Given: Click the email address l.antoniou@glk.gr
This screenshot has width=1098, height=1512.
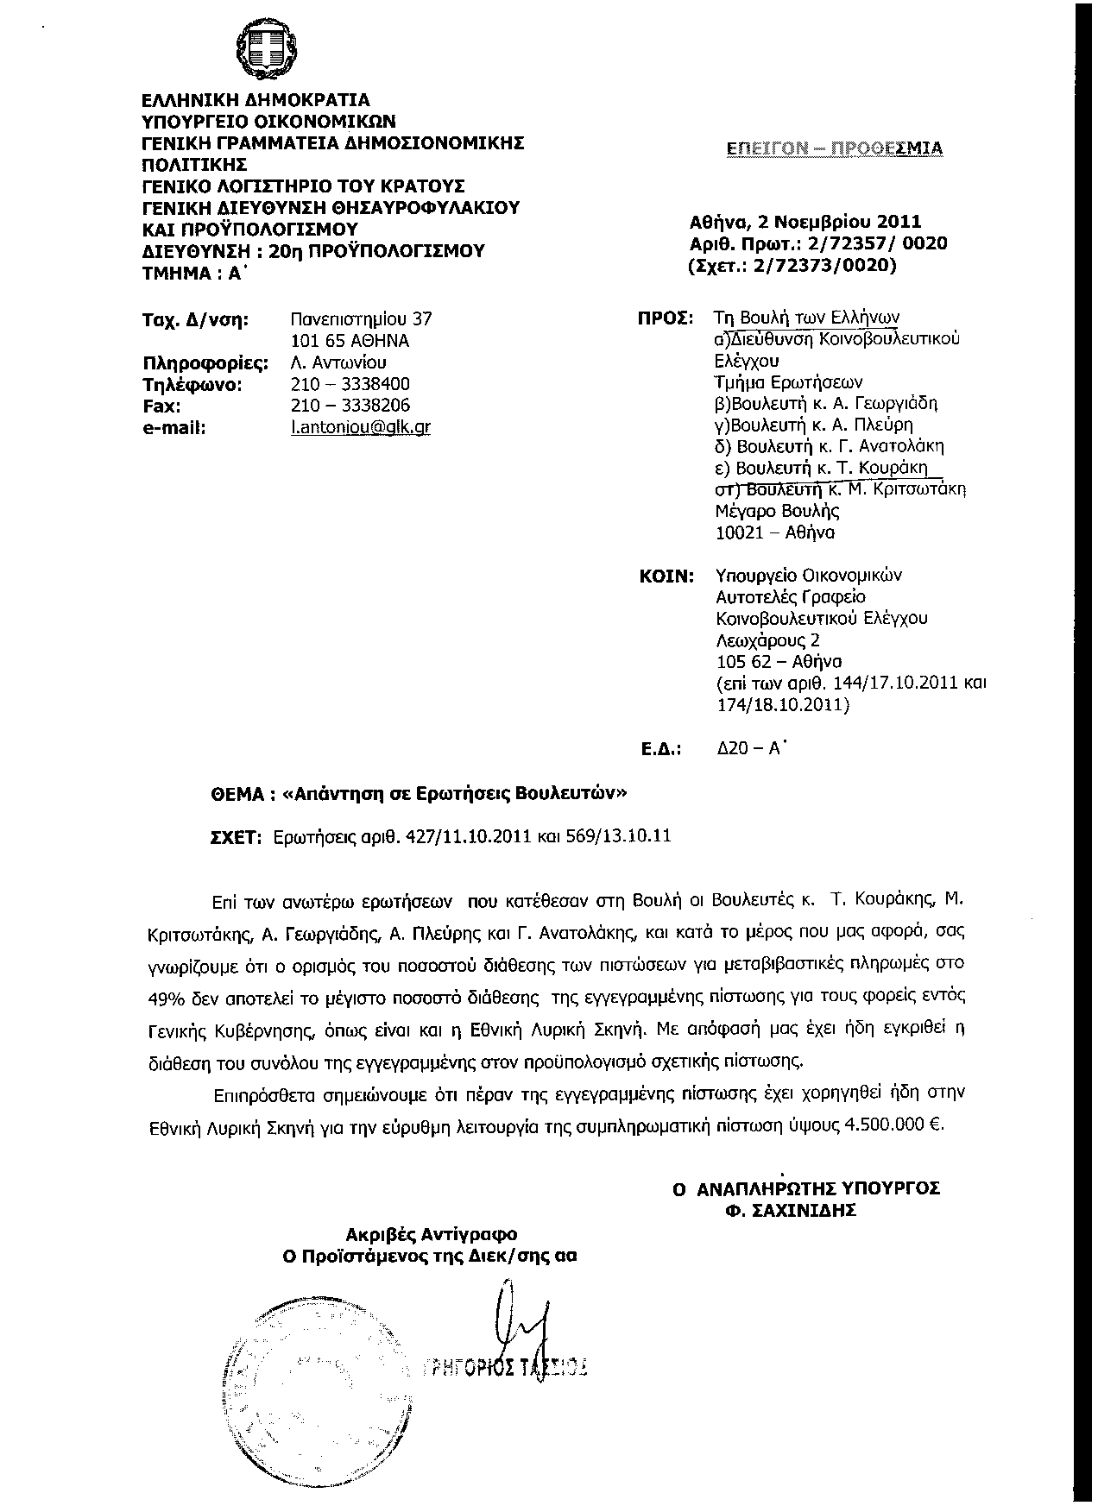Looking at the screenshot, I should click(x=361, y=427).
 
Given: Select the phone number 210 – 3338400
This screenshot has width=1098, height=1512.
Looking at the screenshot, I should click(x=350, y=384).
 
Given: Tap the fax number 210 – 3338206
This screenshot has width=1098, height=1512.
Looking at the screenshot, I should click(x=350, y=406).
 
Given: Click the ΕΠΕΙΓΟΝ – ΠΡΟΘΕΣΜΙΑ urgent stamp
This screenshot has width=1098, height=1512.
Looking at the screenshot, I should click(x=834, y=148).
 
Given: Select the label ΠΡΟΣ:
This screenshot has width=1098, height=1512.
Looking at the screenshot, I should click(x=666, y=318).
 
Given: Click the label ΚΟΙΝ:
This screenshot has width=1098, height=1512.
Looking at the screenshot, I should click(x=666, y=576).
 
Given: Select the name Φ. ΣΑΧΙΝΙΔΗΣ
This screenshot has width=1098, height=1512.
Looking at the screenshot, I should click(x=790, y=1211).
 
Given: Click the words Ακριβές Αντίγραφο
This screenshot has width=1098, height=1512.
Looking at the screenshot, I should click(x=432, y=1235).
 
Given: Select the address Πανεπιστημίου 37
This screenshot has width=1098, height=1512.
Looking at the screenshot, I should click(x=362, y=319).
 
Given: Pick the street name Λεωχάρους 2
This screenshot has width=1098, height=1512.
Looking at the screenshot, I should click(x=767, y=640).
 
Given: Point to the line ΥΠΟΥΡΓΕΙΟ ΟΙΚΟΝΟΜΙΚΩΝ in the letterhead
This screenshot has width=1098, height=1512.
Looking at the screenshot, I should click(x=268, y=122).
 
